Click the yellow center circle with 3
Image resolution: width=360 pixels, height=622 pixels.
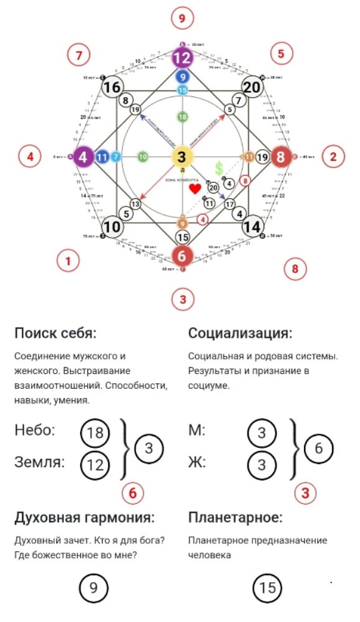pos(182,157)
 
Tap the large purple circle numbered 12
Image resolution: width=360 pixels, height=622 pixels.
pos(182,58)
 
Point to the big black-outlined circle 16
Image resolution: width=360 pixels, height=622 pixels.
pos(112,88)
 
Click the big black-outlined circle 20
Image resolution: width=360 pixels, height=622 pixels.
pos(251,88)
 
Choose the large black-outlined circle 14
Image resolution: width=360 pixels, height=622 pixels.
pos(251,226)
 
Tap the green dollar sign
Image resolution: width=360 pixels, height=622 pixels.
pos(219,168)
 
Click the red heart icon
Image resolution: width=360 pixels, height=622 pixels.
pos(195,188)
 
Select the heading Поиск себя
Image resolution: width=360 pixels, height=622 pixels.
pos(55,333)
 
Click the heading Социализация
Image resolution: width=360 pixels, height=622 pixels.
pos(240,333)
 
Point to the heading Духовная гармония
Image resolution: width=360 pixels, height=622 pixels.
pos(85,518)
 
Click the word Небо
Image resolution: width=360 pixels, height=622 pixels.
pos(35,430)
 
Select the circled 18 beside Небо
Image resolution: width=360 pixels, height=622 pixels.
pos(95,434)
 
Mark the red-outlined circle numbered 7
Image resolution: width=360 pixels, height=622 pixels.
pos(79,55)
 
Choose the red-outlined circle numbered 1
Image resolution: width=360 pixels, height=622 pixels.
pos(68,261)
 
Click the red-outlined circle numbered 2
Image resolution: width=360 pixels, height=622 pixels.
pos(333,155)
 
